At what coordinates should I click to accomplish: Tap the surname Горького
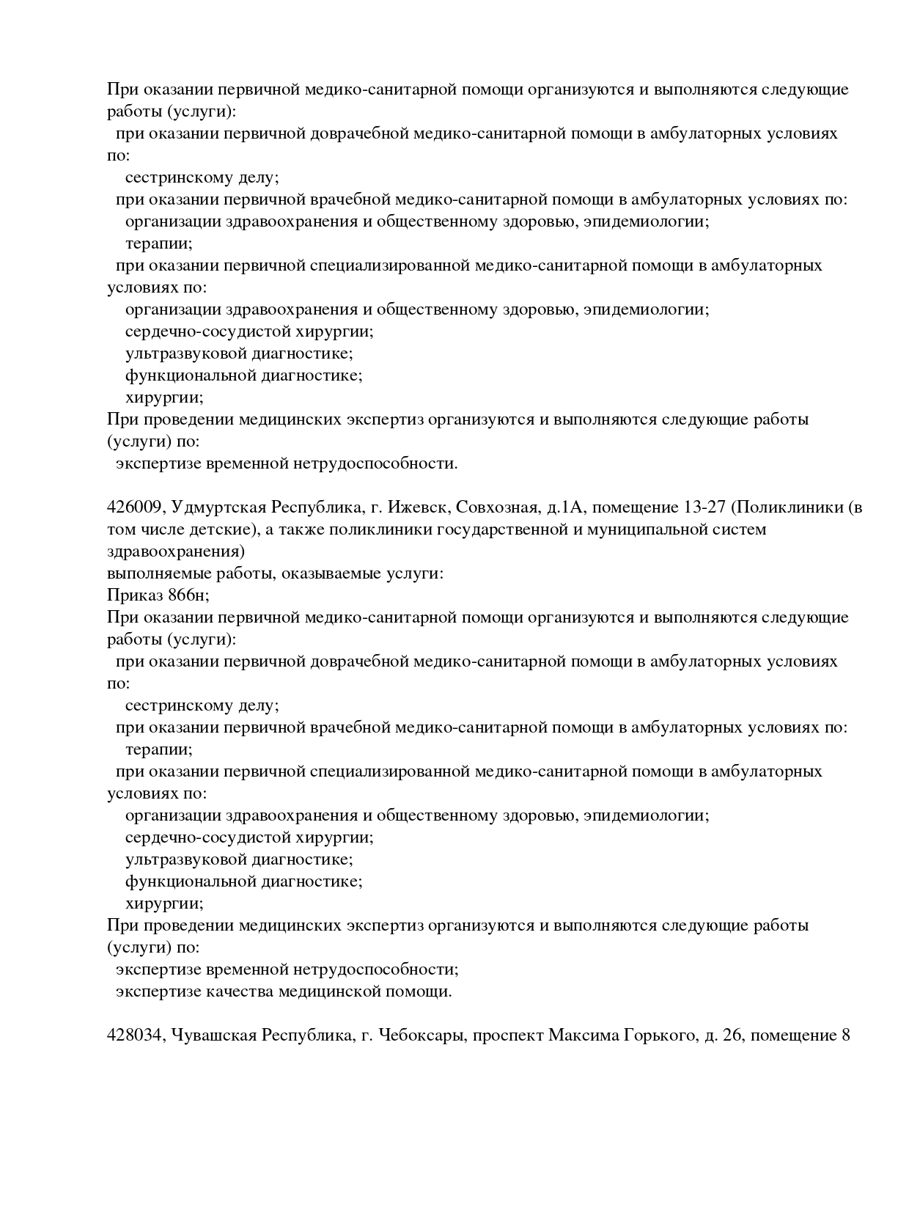click(x=654, y=1035)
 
